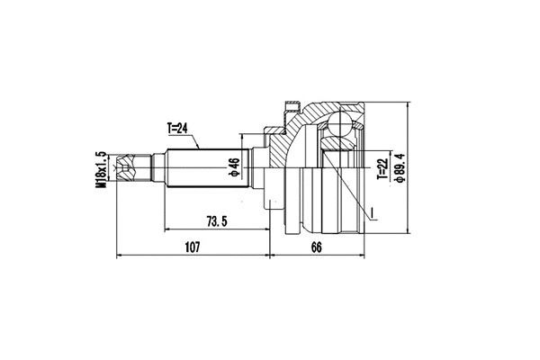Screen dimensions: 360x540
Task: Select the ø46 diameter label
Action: [233, 167]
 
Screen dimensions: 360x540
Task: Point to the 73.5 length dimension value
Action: [214, 221]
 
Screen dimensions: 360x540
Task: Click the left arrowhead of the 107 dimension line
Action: [121, 255]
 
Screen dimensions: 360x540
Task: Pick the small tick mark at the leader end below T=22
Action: [370, 212]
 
